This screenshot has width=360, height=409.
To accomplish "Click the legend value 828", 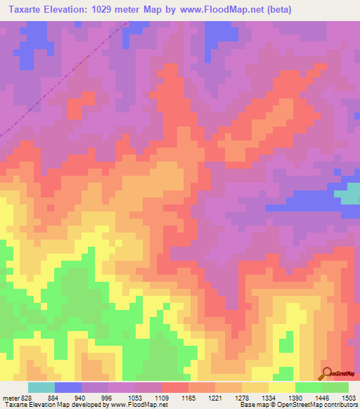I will tap(27, 398).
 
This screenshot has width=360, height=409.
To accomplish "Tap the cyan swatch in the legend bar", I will tap(41, 387).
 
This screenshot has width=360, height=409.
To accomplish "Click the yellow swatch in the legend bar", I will tap(281, 387).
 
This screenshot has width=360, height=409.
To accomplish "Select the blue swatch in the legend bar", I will tap(68, 387).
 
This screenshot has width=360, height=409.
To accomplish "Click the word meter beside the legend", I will tap(10, 398).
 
